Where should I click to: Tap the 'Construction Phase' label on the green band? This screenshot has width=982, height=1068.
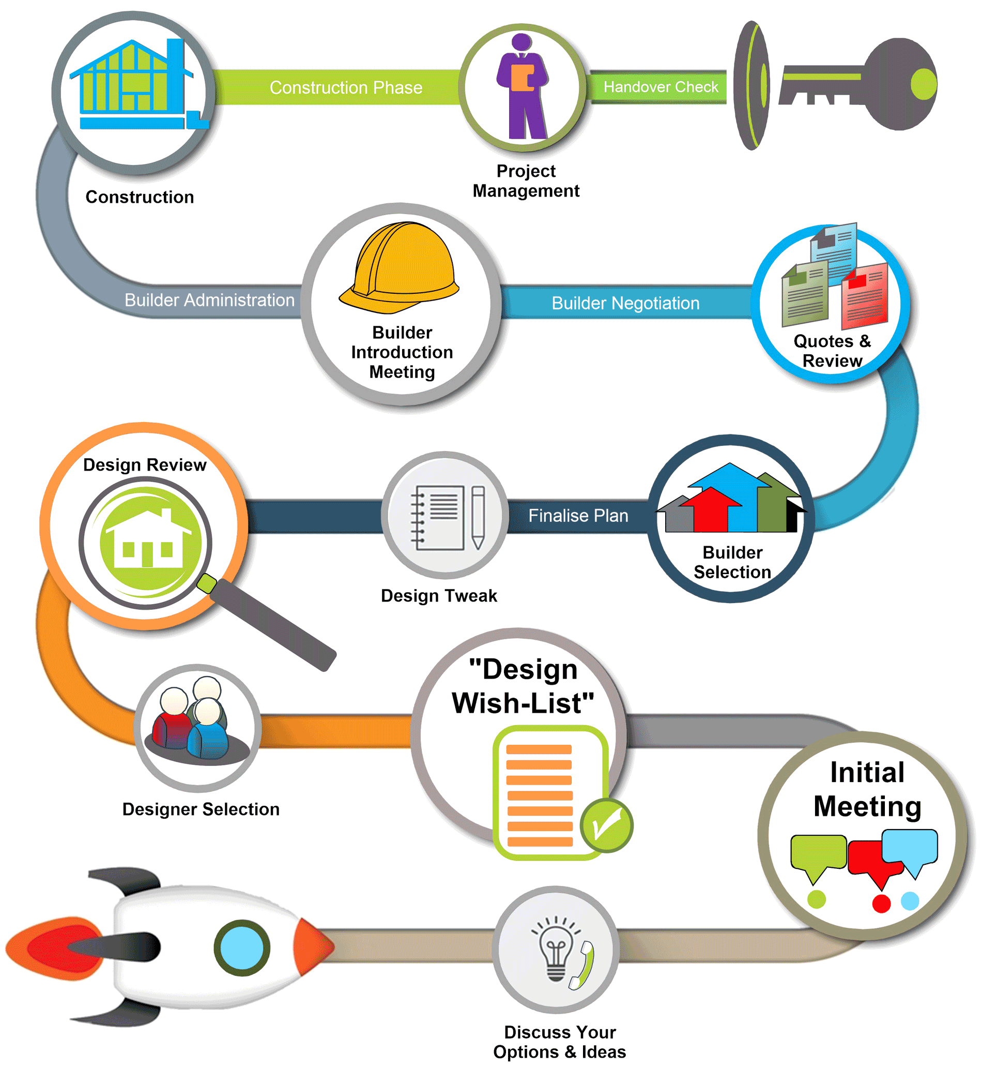[346, 87]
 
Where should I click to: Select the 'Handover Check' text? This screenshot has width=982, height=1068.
[661, 87]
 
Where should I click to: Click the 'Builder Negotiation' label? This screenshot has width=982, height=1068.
[625, 303]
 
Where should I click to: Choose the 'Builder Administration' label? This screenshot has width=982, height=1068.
[209, 300]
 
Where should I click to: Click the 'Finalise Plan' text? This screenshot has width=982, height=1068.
[578, 515]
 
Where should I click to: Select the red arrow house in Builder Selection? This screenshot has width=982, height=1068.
[711, 510]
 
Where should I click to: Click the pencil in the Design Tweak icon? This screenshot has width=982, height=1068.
[478, 517]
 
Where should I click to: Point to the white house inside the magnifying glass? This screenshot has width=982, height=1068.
[148, 538]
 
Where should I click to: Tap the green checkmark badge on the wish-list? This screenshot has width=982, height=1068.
[606, 825]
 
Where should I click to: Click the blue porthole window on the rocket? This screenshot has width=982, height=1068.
[242, 948]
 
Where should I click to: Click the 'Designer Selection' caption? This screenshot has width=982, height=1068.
[201, 809]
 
